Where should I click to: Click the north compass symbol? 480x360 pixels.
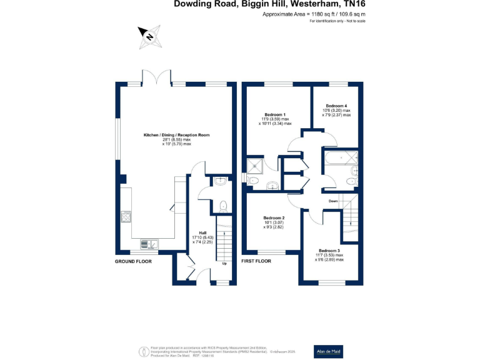[x=150, y=36]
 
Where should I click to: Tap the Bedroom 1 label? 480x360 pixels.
[x=275, y=115]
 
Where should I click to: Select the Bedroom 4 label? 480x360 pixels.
[x=336, y=106]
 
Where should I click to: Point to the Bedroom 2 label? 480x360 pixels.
[x=274, y=218]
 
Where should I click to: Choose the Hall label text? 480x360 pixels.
[x=202, y=233]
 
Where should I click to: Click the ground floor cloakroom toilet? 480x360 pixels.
[x=222, y=205]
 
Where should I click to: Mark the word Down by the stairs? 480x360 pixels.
[x=333, y=201]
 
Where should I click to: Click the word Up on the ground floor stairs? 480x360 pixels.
[x=224, y=263]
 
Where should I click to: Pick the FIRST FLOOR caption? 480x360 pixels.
[x=256, y=261]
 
